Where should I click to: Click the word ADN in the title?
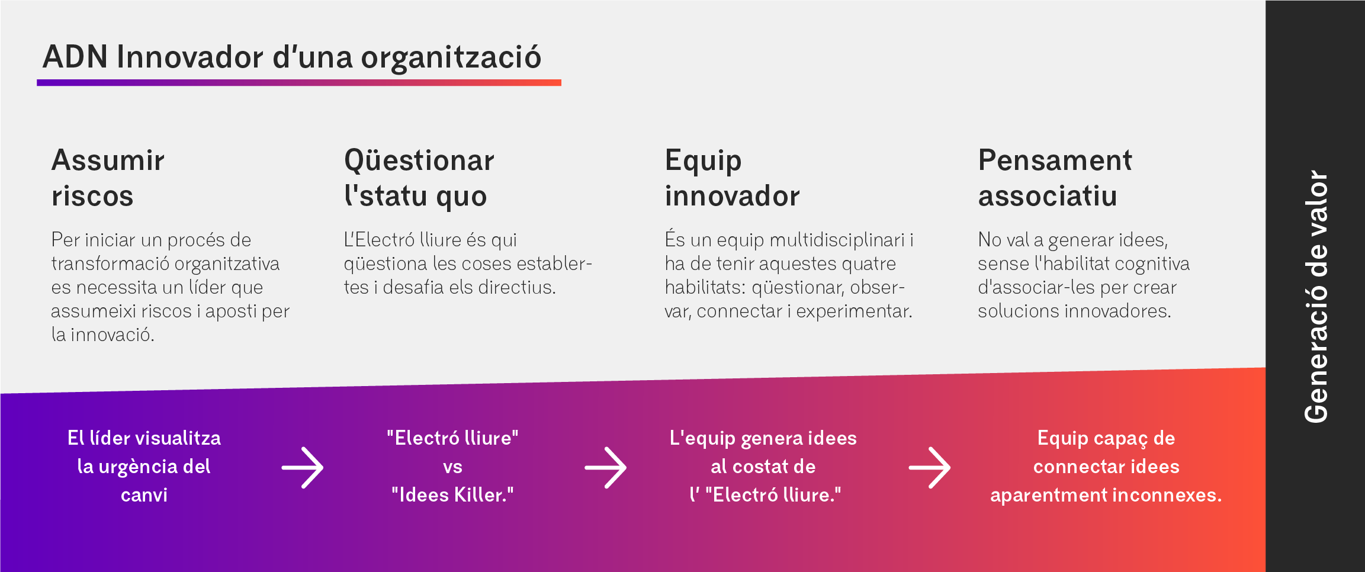pos(75,57)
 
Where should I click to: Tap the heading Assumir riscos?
pos(108,178)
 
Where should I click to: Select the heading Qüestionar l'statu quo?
pos(419,178)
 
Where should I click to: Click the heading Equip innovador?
pos(732,178)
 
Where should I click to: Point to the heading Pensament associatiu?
pos(1054,178)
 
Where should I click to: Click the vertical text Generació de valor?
pos(1316,296)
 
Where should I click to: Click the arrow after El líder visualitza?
pos(303,467)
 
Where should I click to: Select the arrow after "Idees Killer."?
pos(606,467)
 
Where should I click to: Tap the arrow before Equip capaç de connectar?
pos(930,467)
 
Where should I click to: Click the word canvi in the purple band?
pos(144,495)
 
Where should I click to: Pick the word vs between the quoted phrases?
pos(452,467)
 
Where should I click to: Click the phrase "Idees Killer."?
pos(452,495)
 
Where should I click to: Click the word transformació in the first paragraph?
pos(110,263)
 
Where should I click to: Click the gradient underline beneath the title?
pos(299,83)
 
